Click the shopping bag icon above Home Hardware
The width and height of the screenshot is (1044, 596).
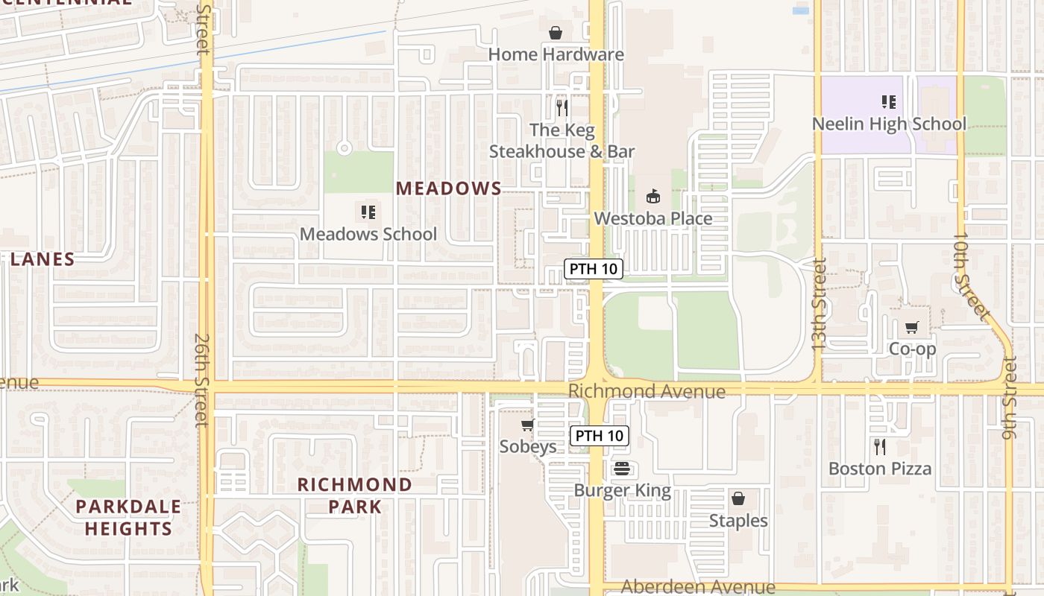click(556, 33)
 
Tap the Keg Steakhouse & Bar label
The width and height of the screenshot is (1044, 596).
click(562, 141)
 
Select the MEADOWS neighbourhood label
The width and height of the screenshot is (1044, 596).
click(448, 188)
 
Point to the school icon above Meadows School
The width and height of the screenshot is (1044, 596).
click(368, 213)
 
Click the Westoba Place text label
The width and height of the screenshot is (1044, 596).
click(653, 218)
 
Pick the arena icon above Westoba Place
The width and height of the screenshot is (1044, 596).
click(653, 197)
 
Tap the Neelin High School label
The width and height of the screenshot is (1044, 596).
click(889, 124)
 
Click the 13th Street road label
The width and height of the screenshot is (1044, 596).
click(819, 305)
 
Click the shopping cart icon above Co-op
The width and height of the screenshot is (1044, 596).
click(912, 328)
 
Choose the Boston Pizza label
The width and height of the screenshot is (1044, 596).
click(880, 469)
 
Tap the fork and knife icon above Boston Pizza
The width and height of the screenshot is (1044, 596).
click(880, 447)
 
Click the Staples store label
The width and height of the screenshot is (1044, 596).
click(738, 520)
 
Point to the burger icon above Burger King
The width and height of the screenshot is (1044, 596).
click(622, 469)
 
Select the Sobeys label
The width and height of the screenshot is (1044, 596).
click(528, 446)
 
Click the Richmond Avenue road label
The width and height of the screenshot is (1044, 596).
click(647, 391)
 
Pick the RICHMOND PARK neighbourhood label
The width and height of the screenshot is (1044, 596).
click(354, 495)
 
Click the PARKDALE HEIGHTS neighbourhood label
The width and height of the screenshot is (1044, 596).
click(128, 518)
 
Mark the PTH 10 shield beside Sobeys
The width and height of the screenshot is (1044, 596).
click(600, 436)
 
